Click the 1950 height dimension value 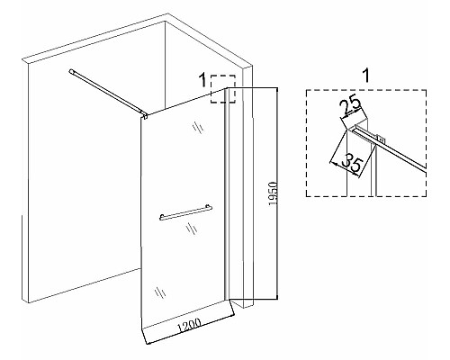(273, 193)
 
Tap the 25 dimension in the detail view (350, 105)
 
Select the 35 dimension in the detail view (352, 162)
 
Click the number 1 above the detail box (366, 76)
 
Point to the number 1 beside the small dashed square (203, 80)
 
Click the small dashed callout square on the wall (223, 89)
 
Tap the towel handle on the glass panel (185, 212)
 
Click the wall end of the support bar (72, 71)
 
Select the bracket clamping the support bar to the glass (144, 114)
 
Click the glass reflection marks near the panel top (198, 128)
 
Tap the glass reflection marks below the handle (192, 229)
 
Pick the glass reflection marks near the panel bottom (160, 292)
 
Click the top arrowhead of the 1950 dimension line (276, 89)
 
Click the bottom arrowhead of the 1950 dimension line (276, 298)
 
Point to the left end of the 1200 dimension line (146, 343)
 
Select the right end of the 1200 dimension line (232, 315)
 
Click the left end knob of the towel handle (162, 216)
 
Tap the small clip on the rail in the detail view (382, 139)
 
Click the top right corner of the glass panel (226, 88)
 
